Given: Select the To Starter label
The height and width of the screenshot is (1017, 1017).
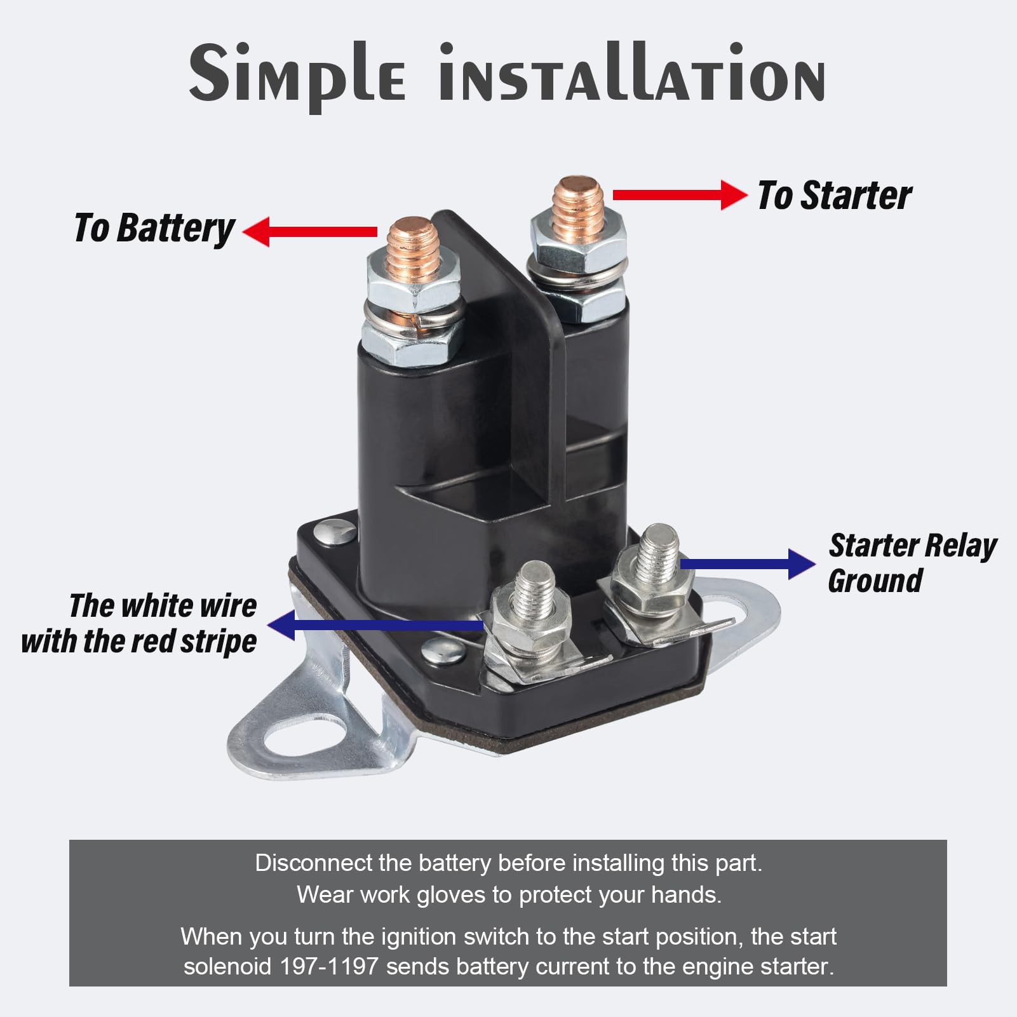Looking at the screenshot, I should click(x=834, y=195).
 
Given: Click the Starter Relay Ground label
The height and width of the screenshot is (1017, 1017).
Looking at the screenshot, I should click(x=912, y=563).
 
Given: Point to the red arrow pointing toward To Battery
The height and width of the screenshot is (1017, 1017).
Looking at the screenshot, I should click(x=311, y=231).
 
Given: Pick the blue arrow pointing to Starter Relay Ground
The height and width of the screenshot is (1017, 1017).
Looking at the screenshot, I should click(x=747, y=563).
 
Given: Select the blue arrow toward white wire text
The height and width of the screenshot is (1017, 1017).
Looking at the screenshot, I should click(x=375, y=625).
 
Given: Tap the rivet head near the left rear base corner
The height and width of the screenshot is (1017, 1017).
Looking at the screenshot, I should click(x=336, y=531).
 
